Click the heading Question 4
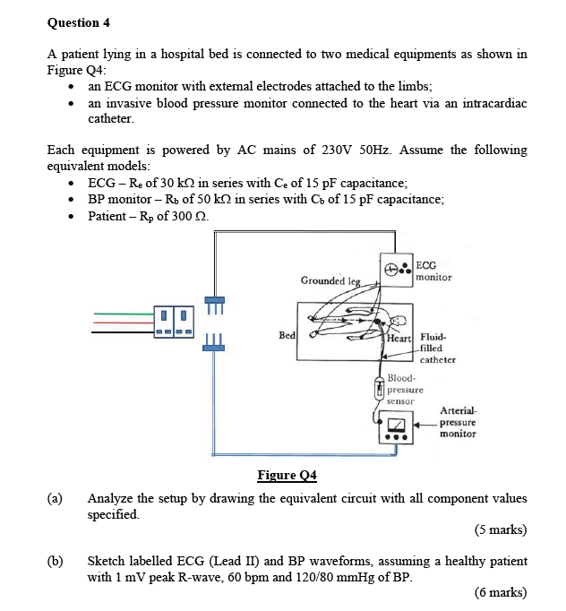(78, 22)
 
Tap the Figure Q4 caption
(287, 475)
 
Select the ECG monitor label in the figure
(433, 271)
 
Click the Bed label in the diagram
(287, 334)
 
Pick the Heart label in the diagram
(399, 337)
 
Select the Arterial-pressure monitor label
(458, 421)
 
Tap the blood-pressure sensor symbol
(379, 387)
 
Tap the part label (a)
(56, 498)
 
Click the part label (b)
(56, 561)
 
